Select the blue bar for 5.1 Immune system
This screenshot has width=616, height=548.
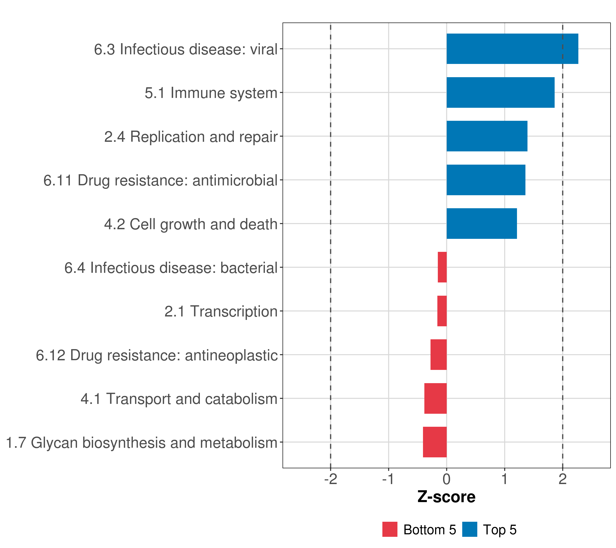(x=500, y=93)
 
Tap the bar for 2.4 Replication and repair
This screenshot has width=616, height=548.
(x=487, y=136)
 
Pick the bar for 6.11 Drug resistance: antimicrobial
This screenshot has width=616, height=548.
(x=486, y=180)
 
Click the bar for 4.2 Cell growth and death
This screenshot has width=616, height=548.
(x=482, y=224)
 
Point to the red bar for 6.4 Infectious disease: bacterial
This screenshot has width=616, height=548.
(x=442, y=267)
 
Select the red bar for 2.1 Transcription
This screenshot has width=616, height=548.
(x=442, y=311)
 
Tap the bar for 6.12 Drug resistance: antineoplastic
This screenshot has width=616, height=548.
(x=439, y=355)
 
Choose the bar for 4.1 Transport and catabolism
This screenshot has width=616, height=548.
(x=436, y=398)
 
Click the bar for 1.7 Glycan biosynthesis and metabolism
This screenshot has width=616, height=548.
(x=435, y=442)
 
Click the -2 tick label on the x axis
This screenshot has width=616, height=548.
(x=331, y=479)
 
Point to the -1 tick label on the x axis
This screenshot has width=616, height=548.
(x=389, y=479)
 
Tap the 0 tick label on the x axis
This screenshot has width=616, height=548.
(x=447, y=479)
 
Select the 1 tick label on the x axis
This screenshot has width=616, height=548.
(x=504, y=479)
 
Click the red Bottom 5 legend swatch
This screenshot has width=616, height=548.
(x=390, y=529)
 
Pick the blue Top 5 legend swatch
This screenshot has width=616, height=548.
(x=470, y=529)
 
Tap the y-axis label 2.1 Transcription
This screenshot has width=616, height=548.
(x=221, y=311)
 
